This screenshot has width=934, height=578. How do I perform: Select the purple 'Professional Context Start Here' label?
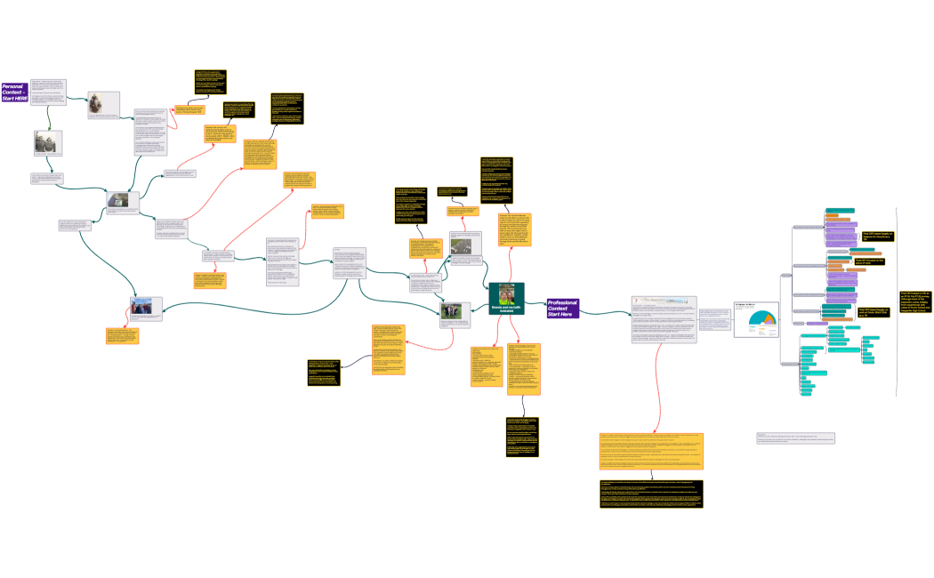[x=563, y=308]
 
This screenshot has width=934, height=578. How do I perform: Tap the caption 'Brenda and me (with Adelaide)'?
[x=506, y=309]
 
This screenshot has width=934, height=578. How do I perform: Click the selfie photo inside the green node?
[x=506, y=293]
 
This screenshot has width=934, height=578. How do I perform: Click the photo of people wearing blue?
[x=146, y=307]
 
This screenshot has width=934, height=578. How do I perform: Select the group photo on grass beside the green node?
[x=455, y=310]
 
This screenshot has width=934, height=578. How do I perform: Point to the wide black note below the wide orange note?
[x=651, y=494]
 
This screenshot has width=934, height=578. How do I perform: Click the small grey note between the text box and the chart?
[x=713, y=317]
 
